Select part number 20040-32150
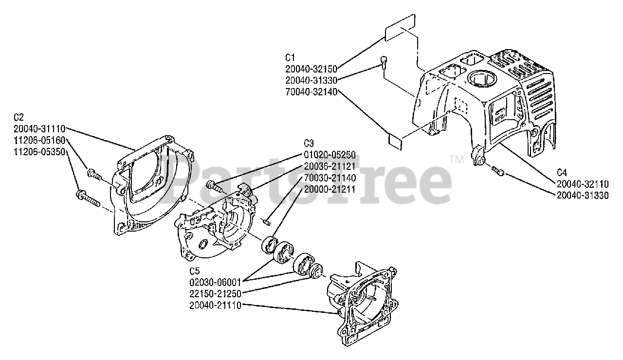(311, 69)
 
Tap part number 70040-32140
(311, 90)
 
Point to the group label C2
(19, 117)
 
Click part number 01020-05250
(330, 155)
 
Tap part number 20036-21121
(330, 166)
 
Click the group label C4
(562, 172)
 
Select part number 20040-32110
(583, 184)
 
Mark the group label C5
(195, 270)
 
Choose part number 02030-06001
(215, 282)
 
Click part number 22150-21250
(215, 293)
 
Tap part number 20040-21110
(215, 305)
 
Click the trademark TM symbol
(455, 159)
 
